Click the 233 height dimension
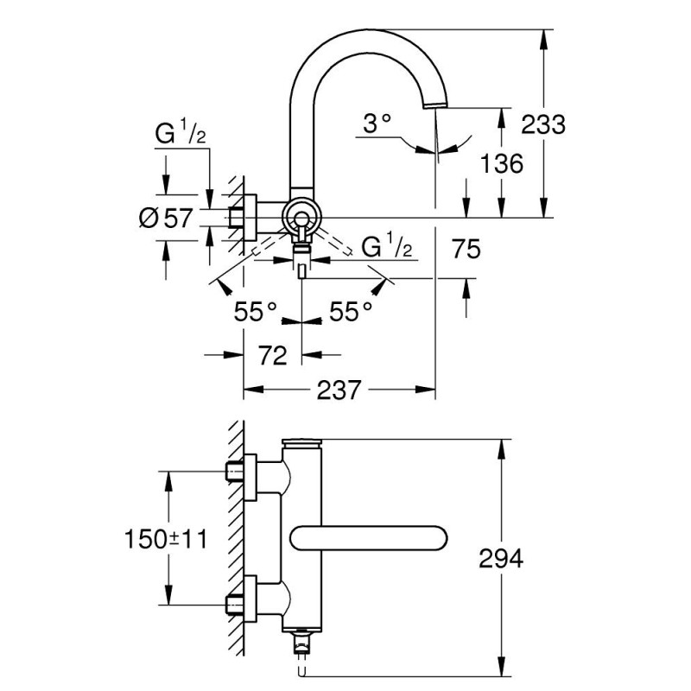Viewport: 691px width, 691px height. (543, 124)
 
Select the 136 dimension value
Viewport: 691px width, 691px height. (500, 162)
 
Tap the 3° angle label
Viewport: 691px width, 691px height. (377, 124)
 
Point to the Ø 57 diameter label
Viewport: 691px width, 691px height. (165, 218)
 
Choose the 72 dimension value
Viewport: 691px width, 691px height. (272, 354)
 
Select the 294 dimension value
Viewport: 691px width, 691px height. (500, 559)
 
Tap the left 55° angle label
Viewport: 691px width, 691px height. (257, 312)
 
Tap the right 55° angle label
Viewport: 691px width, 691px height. (352, 312)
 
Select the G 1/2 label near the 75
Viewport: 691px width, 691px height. (385, 248)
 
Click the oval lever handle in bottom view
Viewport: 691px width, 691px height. (370, 537)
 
